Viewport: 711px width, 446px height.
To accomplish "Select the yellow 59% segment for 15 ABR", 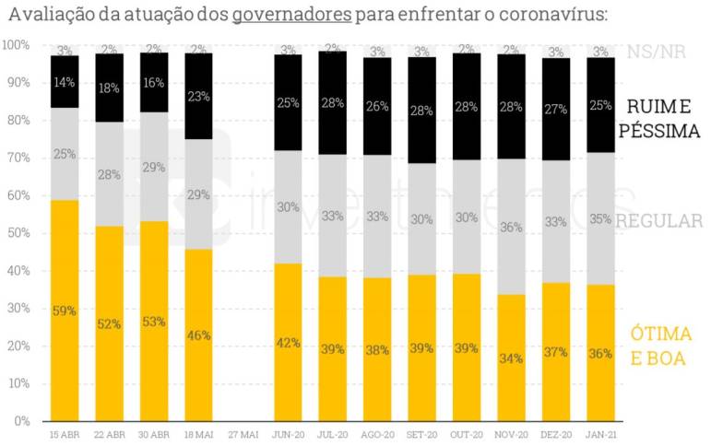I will tap(65, 311).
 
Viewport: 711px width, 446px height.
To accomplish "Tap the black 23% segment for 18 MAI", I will tap(199, 96).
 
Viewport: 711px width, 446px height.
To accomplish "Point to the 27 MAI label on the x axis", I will tap(243, 433).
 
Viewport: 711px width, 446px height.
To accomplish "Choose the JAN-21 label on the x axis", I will tap(600, 433).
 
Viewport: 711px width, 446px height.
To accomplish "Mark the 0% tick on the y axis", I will tap(20, 421).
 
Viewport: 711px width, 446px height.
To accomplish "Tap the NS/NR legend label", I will tap(650, 53).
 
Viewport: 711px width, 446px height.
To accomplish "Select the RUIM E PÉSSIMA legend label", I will tap(658, 119).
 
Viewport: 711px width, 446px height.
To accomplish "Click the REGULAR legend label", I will tap(660, 221).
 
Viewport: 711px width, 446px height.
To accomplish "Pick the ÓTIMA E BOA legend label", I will tap(660, 346).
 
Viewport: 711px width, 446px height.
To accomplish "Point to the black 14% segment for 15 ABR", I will tap(65, 82).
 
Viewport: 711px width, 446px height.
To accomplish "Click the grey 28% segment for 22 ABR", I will tap(110, 174).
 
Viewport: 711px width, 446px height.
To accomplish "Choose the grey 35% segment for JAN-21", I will tap(600, 218).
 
